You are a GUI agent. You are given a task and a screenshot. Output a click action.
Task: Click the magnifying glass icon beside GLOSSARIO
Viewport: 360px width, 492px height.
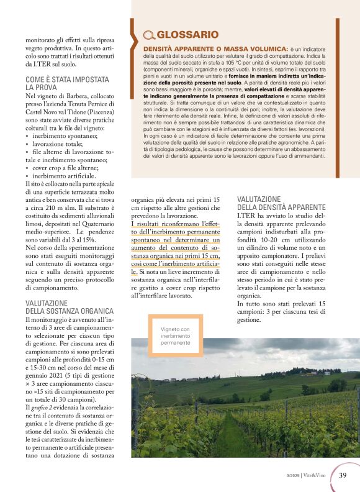[149, 35]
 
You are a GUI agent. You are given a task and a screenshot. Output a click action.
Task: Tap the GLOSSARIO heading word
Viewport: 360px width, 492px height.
[187, 35]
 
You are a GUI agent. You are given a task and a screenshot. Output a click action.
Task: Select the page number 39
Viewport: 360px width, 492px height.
[343, 475]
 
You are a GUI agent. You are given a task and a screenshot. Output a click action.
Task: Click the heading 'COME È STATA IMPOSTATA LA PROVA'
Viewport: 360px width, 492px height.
[67, 84]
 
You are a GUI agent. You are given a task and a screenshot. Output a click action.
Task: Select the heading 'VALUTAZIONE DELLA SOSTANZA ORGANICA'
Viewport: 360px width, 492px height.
[70, 307]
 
